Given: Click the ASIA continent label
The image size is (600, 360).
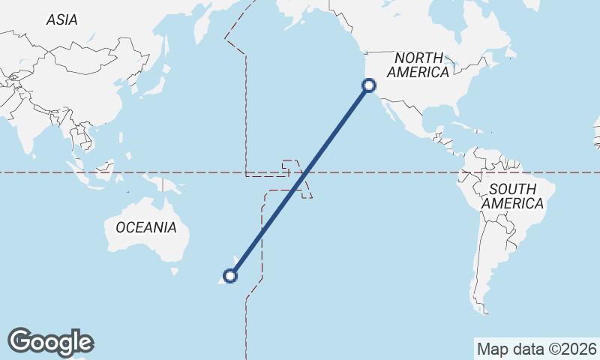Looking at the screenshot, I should [x=61, y=20].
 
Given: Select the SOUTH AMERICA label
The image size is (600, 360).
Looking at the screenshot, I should [x=512, y=196].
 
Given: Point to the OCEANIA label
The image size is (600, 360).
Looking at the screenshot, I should [x=146, y=227].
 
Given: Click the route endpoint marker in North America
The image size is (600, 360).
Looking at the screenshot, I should [x=368, y=85].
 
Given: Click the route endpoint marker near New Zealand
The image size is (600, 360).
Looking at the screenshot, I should [x=230, y=276].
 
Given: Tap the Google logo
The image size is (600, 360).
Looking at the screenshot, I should [x=50, y=342].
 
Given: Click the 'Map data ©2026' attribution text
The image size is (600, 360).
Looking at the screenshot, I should [x=536, y=349].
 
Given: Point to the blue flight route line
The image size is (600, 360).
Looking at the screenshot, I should [x=300, y=180].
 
